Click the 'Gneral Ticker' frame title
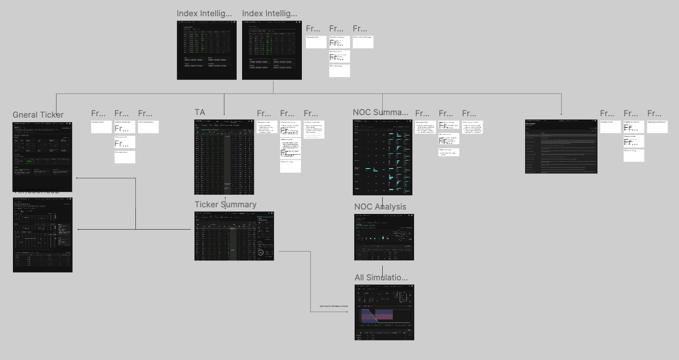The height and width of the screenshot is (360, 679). (38, 115)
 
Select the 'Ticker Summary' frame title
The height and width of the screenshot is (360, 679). (225, 205)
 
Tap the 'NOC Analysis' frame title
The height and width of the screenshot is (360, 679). (380, 207)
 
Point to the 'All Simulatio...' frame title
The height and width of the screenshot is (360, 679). (381, 278)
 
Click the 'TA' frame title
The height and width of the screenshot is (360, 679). (200, 112)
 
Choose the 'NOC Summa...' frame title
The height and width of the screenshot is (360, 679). (380, 112)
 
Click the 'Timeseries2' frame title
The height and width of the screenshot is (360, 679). (36, 191)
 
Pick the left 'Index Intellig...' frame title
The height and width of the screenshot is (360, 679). (204, 14)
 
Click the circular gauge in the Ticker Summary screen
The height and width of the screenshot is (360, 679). (261, 253)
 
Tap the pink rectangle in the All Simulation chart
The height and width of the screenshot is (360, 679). (384, 315)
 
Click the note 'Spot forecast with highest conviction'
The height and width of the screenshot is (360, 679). (334, 306)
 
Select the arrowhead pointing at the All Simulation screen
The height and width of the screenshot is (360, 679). (347, 312)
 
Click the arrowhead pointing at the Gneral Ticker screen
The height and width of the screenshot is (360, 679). (77, 178)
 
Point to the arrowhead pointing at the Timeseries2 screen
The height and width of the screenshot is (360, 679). (79, 229)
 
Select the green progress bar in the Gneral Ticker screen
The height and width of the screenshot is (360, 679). (30, 161)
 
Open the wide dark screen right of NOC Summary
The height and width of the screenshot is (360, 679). (561, 146)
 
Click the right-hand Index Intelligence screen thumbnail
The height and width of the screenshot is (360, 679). (272, 50)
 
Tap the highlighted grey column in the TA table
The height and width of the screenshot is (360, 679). (227, 162)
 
